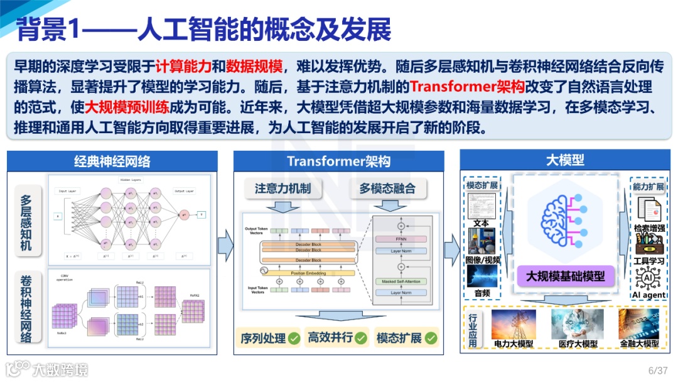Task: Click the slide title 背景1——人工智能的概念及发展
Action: click(204, 30)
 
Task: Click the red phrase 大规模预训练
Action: click(117, 107)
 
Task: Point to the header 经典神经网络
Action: click(112, 161)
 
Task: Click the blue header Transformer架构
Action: click(338, 161)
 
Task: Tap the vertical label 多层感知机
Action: click(26, 222)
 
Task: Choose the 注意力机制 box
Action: click(282, 188)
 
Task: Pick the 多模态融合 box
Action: click(388, 188)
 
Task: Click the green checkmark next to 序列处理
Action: click(294, 338)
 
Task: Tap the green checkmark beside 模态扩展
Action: click(431, 338)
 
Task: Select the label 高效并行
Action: click(329, 338)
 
